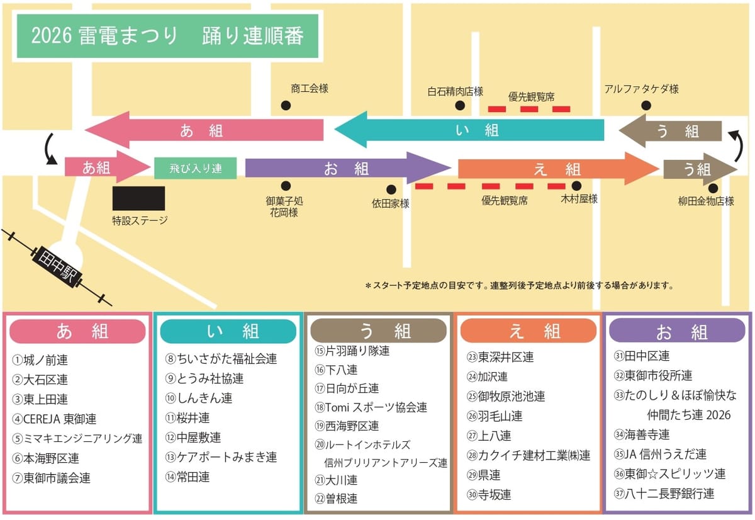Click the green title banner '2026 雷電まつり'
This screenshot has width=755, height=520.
(x=167, y=36)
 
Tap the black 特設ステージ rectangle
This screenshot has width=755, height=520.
(x=138, y=198)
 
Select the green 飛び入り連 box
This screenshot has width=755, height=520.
(x=196, y=168)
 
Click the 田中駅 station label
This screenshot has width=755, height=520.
(x=57, y=267)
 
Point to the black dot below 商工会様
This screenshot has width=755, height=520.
(x=286, y=106)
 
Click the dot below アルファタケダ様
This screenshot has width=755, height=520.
(x=646, y=106)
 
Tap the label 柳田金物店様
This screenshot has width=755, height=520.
(x=706, y=201)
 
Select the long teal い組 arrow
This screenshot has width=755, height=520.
(x=469, y=130)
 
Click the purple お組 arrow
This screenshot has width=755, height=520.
(x=348, y=168)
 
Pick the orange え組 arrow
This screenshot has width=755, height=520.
(x=559, y=169)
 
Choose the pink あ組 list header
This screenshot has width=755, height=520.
(x=77, y=331)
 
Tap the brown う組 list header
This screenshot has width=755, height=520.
(x=379, y=331)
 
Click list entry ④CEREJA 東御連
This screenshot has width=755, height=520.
(x=54, y=419)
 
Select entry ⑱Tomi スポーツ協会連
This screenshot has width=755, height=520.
(x=371, y=407)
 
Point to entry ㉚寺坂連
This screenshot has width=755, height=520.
(x=489, y=495)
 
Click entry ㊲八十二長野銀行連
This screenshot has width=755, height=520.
(x=664, y=494)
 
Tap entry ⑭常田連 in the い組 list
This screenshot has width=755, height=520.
(x=187, y=477)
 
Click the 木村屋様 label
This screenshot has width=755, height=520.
(x=579, y=199)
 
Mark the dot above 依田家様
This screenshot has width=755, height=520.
(x=391, y=189)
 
